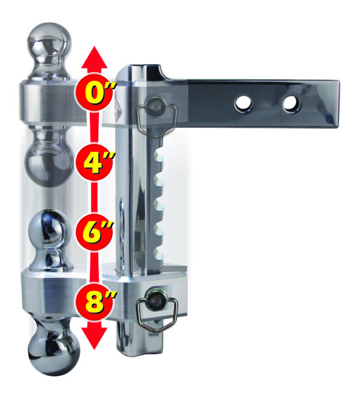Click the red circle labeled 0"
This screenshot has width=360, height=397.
[x=94, y=92]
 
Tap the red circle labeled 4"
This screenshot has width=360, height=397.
[x=94, y=163]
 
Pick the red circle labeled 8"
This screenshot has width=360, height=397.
[x=94, y=302]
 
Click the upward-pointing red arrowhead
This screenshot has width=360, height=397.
[x=94, y=58]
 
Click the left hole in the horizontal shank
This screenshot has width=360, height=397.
[x=244, y=103]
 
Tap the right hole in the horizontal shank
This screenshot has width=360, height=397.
[x=291, y=104]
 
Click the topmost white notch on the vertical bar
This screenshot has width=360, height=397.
[x=159, y=154]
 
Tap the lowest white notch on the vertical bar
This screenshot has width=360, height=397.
[x=159, y=254]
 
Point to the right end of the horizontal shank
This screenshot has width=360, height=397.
[x=338, y=103]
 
